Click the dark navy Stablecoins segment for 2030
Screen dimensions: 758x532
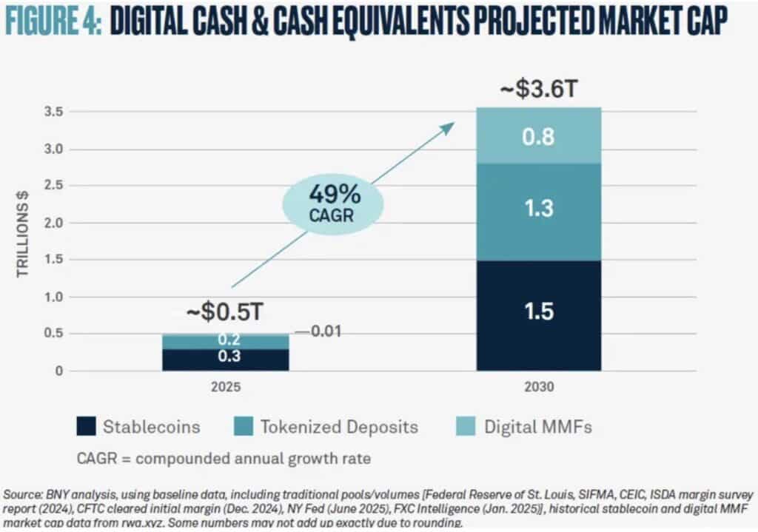(x=539, y=315)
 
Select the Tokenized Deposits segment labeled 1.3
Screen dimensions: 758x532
(x=539, y=212)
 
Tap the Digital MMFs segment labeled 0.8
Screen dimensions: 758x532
(x=539, y=136)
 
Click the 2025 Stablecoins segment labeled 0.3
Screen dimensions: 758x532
(x=226, y=360)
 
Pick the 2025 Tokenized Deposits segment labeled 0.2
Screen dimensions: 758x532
(x=226, y=342)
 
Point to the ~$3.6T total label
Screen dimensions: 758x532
(x=539, y=89)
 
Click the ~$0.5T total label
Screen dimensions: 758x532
(x=225, y=312)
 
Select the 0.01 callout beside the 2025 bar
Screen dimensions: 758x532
(x=318, y=331)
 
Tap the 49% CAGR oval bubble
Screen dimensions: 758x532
(x=333, y=204)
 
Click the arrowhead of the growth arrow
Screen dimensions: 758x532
(x=448, y=127)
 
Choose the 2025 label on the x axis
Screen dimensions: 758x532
(x=226, y=387)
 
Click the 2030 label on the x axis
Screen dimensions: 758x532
(x=539, y=387)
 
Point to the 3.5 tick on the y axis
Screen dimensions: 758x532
(x=53, y=112)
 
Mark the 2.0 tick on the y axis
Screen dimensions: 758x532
(x=53, y=223)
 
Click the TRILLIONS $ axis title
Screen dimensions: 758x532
(x=23, y=234)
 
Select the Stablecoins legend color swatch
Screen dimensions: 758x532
(x=86, y=426)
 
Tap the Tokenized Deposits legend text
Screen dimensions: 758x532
(x=339, y=427)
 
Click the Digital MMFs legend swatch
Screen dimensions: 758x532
(x=466, y=426)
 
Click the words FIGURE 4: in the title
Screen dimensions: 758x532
(x=53, y=21)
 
